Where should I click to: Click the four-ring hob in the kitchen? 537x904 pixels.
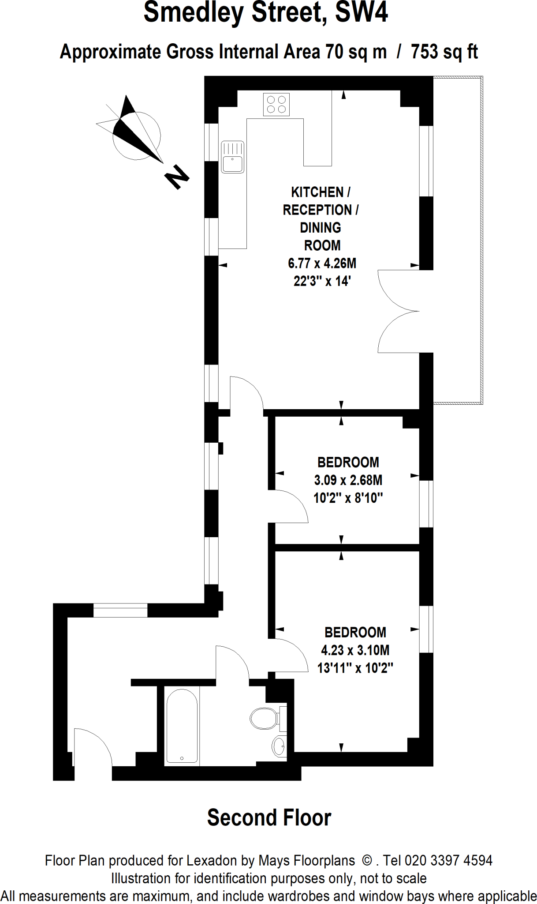[276, 105]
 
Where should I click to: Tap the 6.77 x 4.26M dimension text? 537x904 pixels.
[322, 264]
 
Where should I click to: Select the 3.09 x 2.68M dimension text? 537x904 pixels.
[348, 480]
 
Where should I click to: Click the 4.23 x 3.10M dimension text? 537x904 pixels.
[355, 650]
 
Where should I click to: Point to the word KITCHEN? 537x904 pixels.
[317, 192]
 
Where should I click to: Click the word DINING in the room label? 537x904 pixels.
[321, 228]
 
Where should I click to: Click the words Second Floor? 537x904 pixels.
[269, 817]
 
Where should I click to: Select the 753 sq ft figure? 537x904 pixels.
[444, 52]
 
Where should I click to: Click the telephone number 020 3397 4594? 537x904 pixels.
[448, 860]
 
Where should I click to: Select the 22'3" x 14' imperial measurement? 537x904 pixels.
[322, 281]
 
